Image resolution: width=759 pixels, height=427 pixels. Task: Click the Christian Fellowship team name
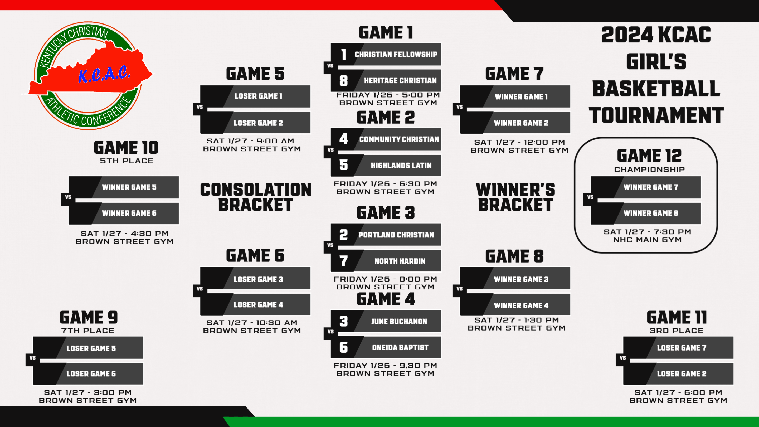(x=396, y=55)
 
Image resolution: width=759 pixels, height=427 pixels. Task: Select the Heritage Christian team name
(x=400, y=80)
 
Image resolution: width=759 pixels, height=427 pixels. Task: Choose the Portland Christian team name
(x=396, y=235)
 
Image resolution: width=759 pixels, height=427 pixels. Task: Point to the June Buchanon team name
(x=399, y=322)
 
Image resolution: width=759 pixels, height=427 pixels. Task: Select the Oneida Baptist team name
(x=400, y=348)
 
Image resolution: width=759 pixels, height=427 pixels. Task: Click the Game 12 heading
(x=649, y=155)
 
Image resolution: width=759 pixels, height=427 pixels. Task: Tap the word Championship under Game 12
(x=649, y=169)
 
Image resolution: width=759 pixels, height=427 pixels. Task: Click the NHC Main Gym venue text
(x=647, y=240)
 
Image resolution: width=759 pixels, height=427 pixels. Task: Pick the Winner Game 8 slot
(x=646, y=213)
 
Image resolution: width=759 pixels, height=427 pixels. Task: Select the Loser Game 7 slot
(x=678, y=348)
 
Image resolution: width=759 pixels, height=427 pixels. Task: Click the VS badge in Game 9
(x=32, y=358)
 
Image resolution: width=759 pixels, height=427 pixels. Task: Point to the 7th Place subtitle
(x=87, y=331)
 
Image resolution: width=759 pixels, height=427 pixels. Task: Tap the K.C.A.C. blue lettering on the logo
(x=104, y=74)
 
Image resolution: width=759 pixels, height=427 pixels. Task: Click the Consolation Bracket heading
(x=256, y=197)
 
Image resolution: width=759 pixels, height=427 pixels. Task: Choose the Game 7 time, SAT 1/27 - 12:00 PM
(x=519, y=142)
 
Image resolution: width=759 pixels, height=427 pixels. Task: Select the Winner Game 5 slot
(x=124, y=187)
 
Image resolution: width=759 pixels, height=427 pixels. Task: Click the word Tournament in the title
(x=656, y=115)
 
